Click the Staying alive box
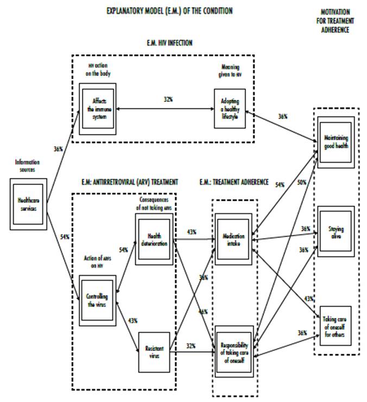tap(336, 229)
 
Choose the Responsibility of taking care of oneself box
tap(234, 347)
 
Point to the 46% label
tap(203, 312)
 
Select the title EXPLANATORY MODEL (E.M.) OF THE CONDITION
tap(169, 10)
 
